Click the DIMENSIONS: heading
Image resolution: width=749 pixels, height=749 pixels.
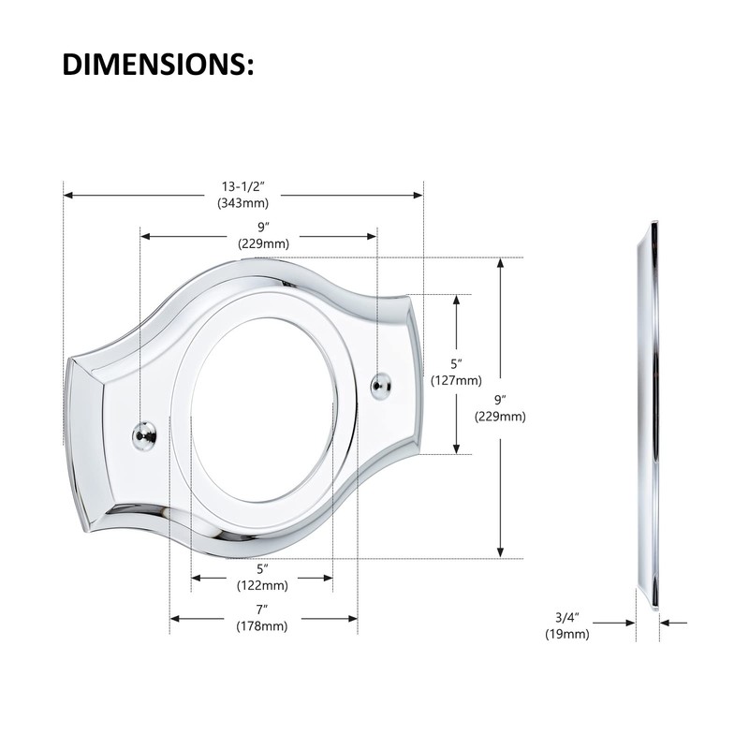pyautogui.click(x=158, y=65)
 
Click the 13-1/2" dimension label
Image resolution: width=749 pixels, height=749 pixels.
pyautogui.click(x=243, y=185)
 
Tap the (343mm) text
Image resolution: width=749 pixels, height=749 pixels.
pyautogui.click(x=243, y=202)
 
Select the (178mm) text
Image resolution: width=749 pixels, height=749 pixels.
pyautogui.click(x=262, y=626)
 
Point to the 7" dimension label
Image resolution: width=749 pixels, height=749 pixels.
pyautogui.click(x=262, y=609)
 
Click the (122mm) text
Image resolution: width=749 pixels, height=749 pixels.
pyautogui.click(x=262, y=586)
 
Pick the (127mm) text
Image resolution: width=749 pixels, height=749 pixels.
pyautogui.click(x=456, y=381)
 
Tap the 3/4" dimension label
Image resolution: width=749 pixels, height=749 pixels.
pyautogui.click(x=567, y=617)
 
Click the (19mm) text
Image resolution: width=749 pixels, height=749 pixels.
pyautogui.click(x=567, y=634)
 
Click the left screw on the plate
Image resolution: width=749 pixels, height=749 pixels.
pyautogui.click(x=142, y=433)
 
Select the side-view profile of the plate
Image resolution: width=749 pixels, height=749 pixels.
pyautogui.click(x=648, y=412)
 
